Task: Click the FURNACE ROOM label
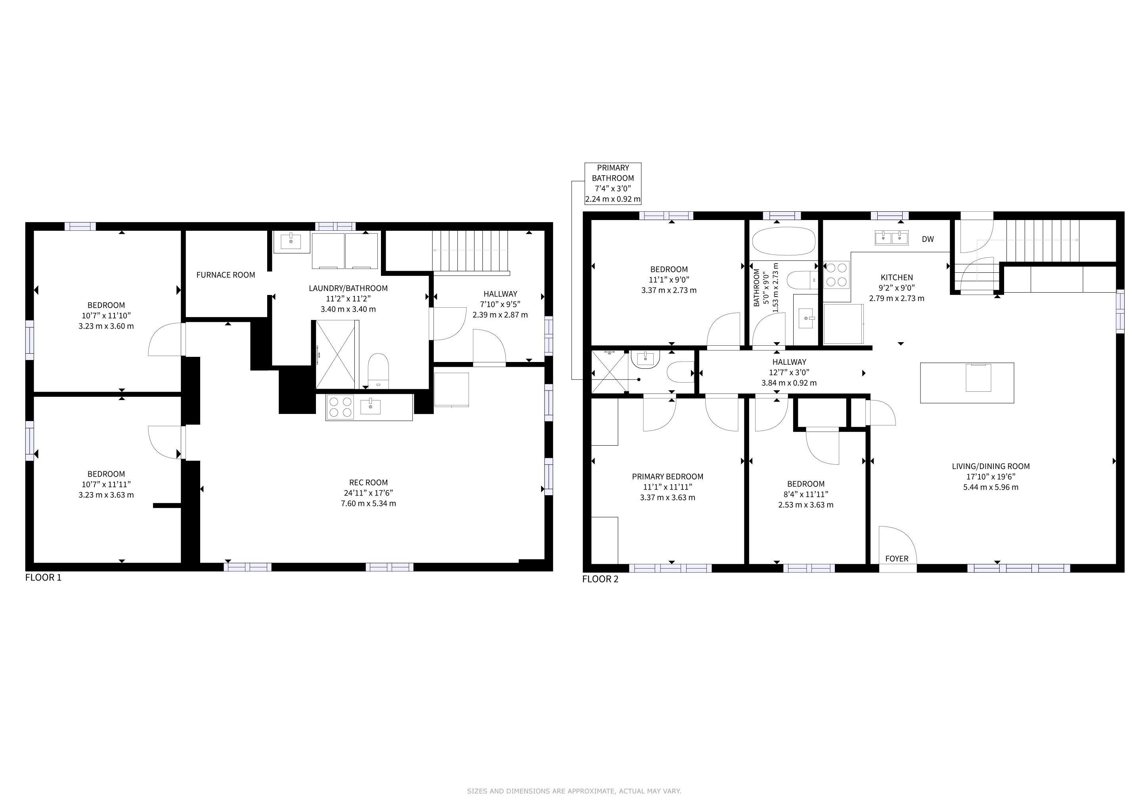pyautogui.click(x=226, y=275)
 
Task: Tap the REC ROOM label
pyautogui.click(x=369, y=483)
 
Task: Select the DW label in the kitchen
pyautogui.click(x=928, y=239)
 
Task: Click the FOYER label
pyautogui.click(x=897, y=559)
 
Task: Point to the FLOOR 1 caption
pyautogui.click(x=44, y=578)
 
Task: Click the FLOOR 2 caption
pyautogui.click(x=600, y=579)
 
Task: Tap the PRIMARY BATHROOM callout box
pyautogui.click(x=613, y=184)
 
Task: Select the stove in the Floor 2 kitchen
pyautogui.click(x=836, y=275)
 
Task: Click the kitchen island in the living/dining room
pyautogui.click(x=967, y=383)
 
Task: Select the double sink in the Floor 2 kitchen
pyautogui.click(x=892, y=237)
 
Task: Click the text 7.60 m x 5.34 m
pyautogui.click(x=369, y=504)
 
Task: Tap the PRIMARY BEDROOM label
pyautogui.click(x=668, y=477)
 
